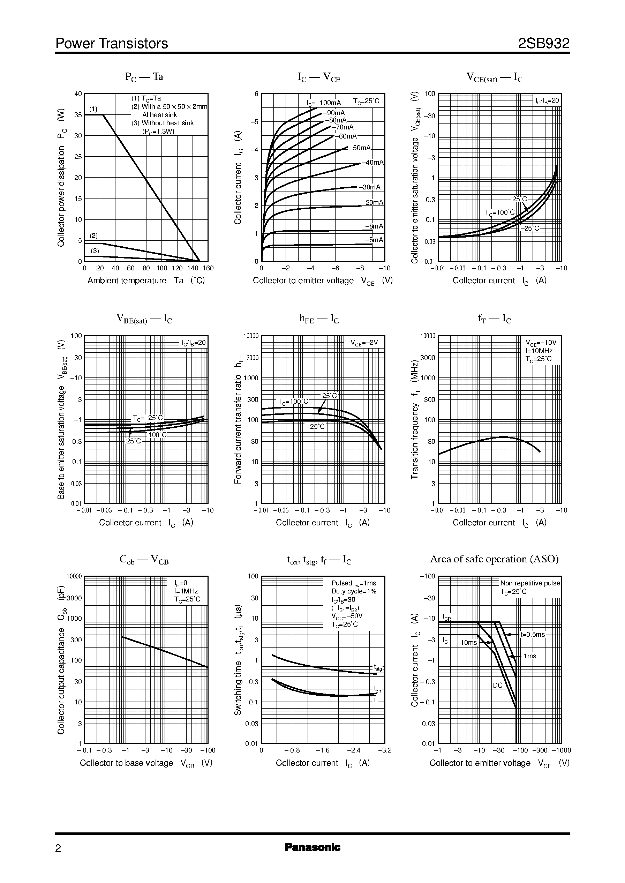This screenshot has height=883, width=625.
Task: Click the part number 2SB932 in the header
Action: coord(543,44)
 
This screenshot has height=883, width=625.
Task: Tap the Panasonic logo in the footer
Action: coord(312,847)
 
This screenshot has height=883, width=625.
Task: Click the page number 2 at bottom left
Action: coord(58,848)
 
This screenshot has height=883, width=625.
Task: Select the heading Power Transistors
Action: coord(112,44)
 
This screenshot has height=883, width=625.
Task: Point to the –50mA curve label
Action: coord(360,148)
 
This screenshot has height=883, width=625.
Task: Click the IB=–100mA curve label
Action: coord(324,103)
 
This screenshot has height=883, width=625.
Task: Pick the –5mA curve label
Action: coord(374,240)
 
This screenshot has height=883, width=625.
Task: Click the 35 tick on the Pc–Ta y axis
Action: coord(78,115)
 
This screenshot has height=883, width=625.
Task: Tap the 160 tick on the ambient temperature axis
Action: coord(208,268)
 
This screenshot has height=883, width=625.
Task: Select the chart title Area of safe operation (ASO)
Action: coord(494,559)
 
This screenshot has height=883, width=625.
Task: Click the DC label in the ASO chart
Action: coord(498,686)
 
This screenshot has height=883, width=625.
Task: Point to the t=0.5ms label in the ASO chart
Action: coord(533,634)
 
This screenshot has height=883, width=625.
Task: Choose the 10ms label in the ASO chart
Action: coord(468,642)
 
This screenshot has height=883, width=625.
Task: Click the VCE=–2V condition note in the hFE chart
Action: coord(364,343)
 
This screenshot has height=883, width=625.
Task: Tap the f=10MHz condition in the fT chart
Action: coord(539,351)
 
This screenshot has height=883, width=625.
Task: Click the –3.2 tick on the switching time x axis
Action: coord(384,750)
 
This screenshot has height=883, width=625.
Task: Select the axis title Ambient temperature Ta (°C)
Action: coord(146,280)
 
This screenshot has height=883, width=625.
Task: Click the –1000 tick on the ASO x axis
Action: coord(562,750)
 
